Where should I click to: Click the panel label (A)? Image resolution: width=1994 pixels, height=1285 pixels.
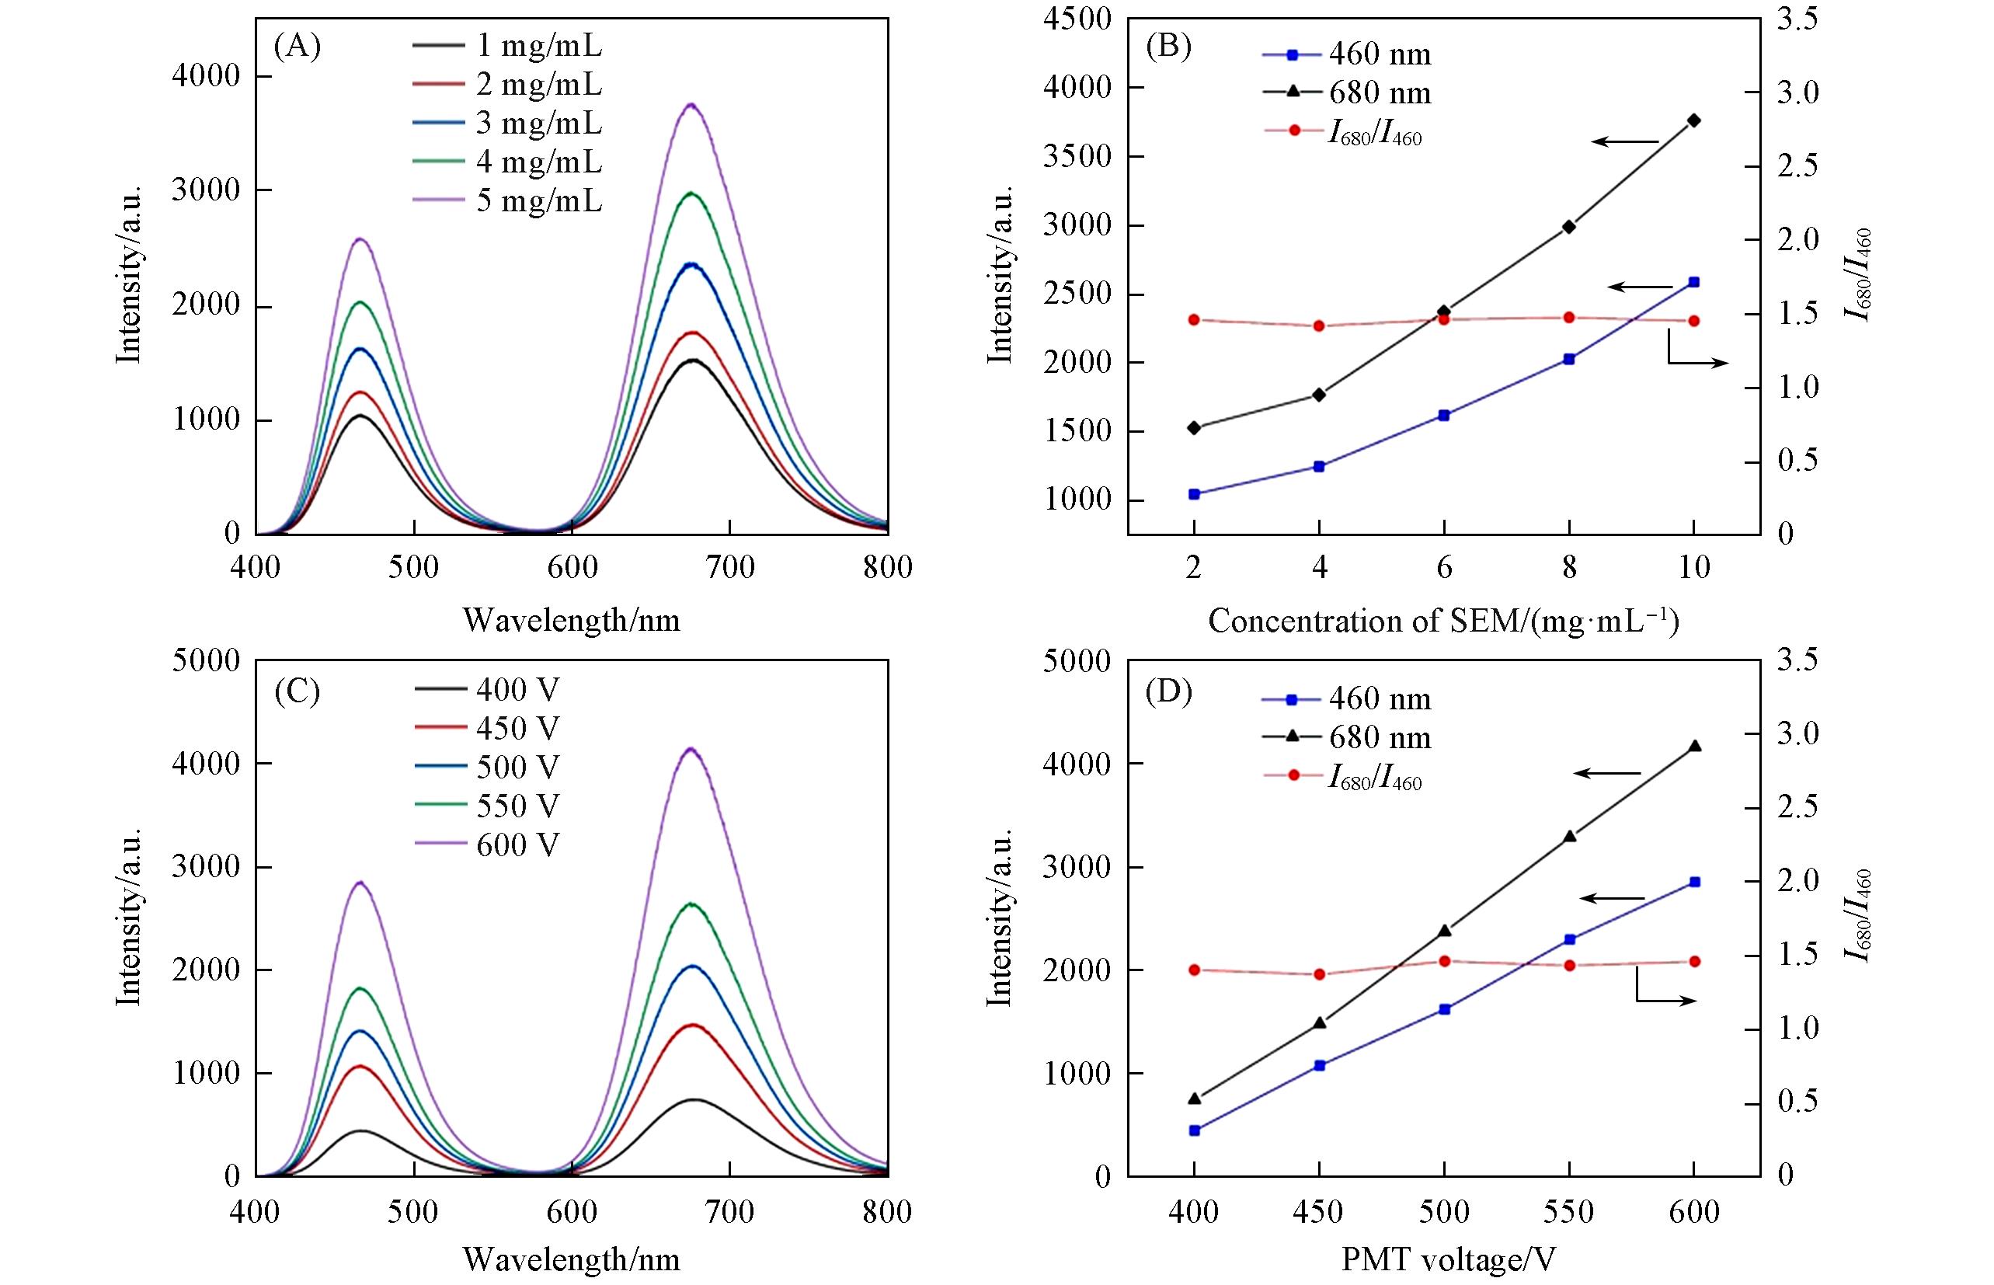[x=297, y=47]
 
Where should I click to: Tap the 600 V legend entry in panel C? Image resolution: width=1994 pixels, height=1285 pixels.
[x=487, y=844]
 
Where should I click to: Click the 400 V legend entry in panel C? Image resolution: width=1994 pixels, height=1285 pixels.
[x=487, y=689]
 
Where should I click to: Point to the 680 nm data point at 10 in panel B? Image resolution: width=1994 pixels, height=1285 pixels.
[x=1693, y=120]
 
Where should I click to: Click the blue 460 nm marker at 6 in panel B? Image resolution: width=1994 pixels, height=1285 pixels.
[x=1444, y=415]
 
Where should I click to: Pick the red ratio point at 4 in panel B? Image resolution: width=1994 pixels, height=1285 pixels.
[x=1319, y=326]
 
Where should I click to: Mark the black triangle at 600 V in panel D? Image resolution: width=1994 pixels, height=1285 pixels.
[x=1694, y=746]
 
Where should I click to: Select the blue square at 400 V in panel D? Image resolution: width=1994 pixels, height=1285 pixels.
[x=1194, y=1130]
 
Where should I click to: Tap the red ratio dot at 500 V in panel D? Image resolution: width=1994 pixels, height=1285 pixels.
[x=1444, y=961]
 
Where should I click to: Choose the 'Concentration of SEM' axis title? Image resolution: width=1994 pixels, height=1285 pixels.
[x=1443, y=621]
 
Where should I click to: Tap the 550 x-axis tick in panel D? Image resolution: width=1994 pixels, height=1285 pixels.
[x=1569, y=1211]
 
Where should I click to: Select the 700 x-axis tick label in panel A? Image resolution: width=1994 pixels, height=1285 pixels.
[x=729, y=568]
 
